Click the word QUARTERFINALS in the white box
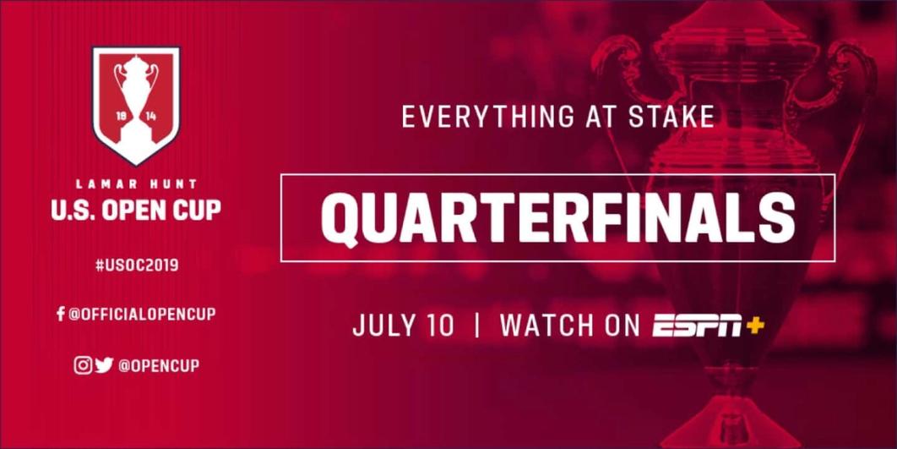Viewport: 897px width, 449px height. coord(557,218)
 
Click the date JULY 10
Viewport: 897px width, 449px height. coord(403,325)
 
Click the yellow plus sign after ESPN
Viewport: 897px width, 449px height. coord(754,325)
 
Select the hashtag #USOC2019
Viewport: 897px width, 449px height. coord(137,266)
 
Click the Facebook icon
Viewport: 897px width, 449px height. coord(60,315)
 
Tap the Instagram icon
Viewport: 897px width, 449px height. coord(83,365)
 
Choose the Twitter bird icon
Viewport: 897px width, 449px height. coord(104,365)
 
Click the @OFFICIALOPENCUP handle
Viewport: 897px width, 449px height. coord(142,315)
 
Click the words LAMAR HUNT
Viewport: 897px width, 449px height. coord(136,184)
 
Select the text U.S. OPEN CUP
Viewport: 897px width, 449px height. coord(136,210)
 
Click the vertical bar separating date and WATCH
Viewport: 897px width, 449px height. coord(476,325)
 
